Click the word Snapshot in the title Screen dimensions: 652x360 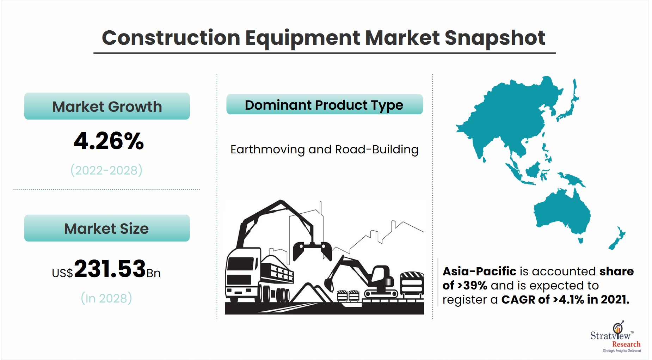[495, 38]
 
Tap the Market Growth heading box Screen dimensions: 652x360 [107, 106]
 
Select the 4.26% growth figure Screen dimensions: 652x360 [109, 141]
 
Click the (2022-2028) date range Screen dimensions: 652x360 [106, 170]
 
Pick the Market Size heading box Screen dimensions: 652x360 [107, 228]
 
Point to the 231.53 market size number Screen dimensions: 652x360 [110, 269]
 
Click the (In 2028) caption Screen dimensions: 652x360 [106, 298]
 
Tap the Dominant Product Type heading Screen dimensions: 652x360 [324, 105]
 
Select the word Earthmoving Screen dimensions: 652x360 [268, 150]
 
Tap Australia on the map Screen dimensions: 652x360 [562, 212]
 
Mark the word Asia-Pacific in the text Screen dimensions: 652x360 [479, 271]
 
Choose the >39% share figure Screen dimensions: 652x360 [472, 285]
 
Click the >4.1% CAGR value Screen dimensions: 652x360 [568, 299]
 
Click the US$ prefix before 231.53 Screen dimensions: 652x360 [62, 273]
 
